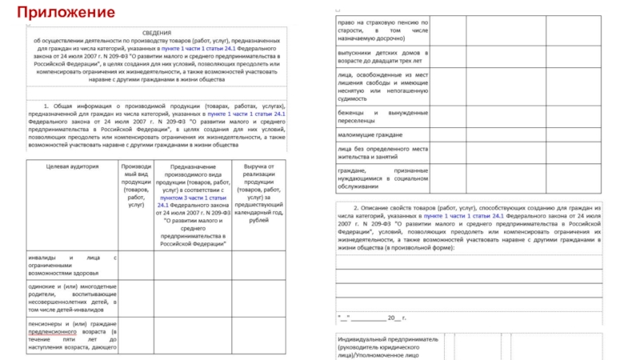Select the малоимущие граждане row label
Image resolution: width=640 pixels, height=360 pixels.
tap(369, 134)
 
